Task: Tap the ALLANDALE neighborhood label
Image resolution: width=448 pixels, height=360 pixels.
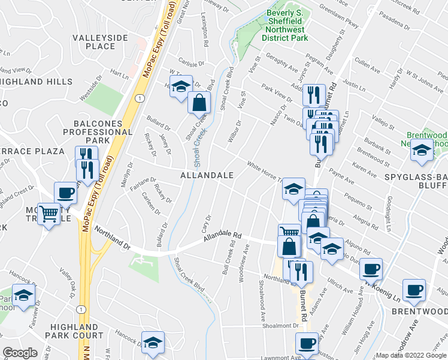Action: (207, 175)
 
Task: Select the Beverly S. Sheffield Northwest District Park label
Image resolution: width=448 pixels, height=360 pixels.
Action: (284, 25)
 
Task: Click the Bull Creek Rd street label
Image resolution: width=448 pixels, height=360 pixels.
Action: (228, 257)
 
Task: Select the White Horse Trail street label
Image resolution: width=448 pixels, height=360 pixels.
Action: (262, 172)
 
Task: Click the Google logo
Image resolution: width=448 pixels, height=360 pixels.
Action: (20, 353)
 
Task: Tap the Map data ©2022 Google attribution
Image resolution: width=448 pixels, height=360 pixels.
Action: (411, 355)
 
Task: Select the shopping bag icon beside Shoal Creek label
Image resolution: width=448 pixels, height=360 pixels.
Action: (199, 103)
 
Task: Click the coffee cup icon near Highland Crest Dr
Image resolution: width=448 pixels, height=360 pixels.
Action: (65, 193)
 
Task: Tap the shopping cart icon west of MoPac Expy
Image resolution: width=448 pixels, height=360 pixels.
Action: (49, 212)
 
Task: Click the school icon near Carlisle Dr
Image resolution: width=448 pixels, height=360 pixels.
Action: (181, 86)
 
